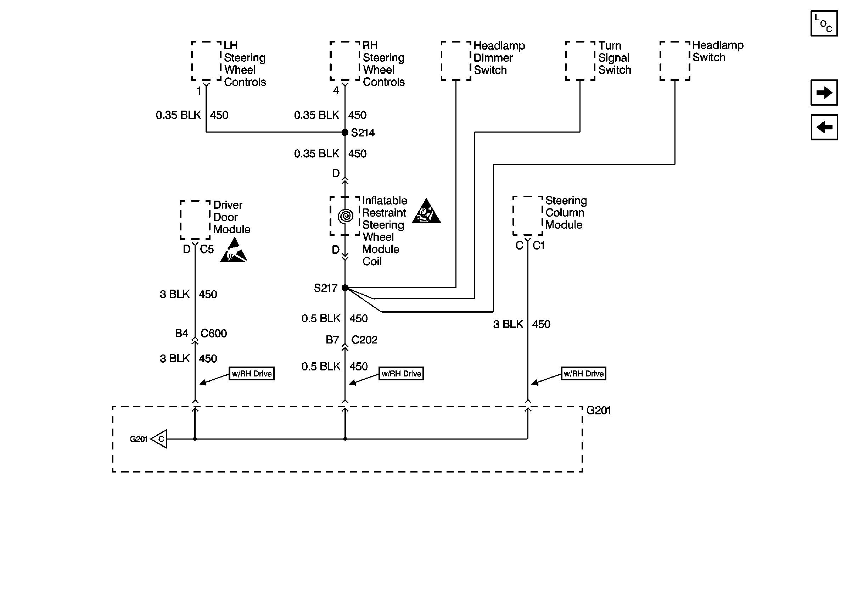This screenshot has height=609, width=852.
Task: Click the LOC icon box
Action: (x=824, y=23)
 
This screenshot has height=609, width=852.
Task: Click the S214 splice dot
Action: (x=345, y=132)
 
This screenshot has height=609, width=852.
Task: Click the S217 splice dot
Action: (x=345, y=287)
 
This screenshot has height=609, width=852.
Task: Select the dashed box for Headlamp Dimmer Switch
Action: (x=456, y=61)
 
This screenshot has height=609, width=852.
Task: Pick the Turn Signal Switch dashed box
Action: (x=580, y=61)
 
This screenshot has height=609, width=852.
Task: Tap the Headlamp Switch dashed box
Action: (x=675, y=61)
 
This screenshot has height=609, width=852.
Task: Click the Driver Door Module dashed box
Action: (x=195, y=220)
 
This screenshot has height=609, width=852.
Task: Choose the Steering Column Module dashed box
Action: (x=527, y=216)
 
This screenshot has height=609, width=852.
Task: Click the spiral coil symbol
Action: (x=345, y=216)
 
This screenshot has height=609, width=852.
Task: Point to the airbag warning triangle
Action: (x=426, y=211)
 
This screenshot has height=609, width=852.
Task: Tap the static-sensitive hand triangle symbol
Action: (x=233, y=250)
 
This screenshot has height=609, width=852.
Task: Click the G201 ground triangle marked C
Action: (x=159, y=439)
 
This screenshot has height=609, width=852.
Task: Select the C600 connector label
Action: (x=214, y=333)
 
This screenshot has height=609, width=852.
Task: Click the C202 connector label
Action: (x=364, y=340)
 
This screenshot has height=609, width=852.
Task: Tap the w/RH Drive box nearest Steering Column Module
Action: (x=583, y=374)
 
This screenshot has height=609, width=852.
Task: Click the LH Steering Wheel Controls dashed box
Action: (x=206, y=61)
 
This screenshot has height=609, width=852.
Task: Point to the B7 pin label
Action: (x=332, y=340)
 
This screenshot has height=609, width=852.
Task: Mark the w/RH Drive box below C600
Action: (x=252, y=374)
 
